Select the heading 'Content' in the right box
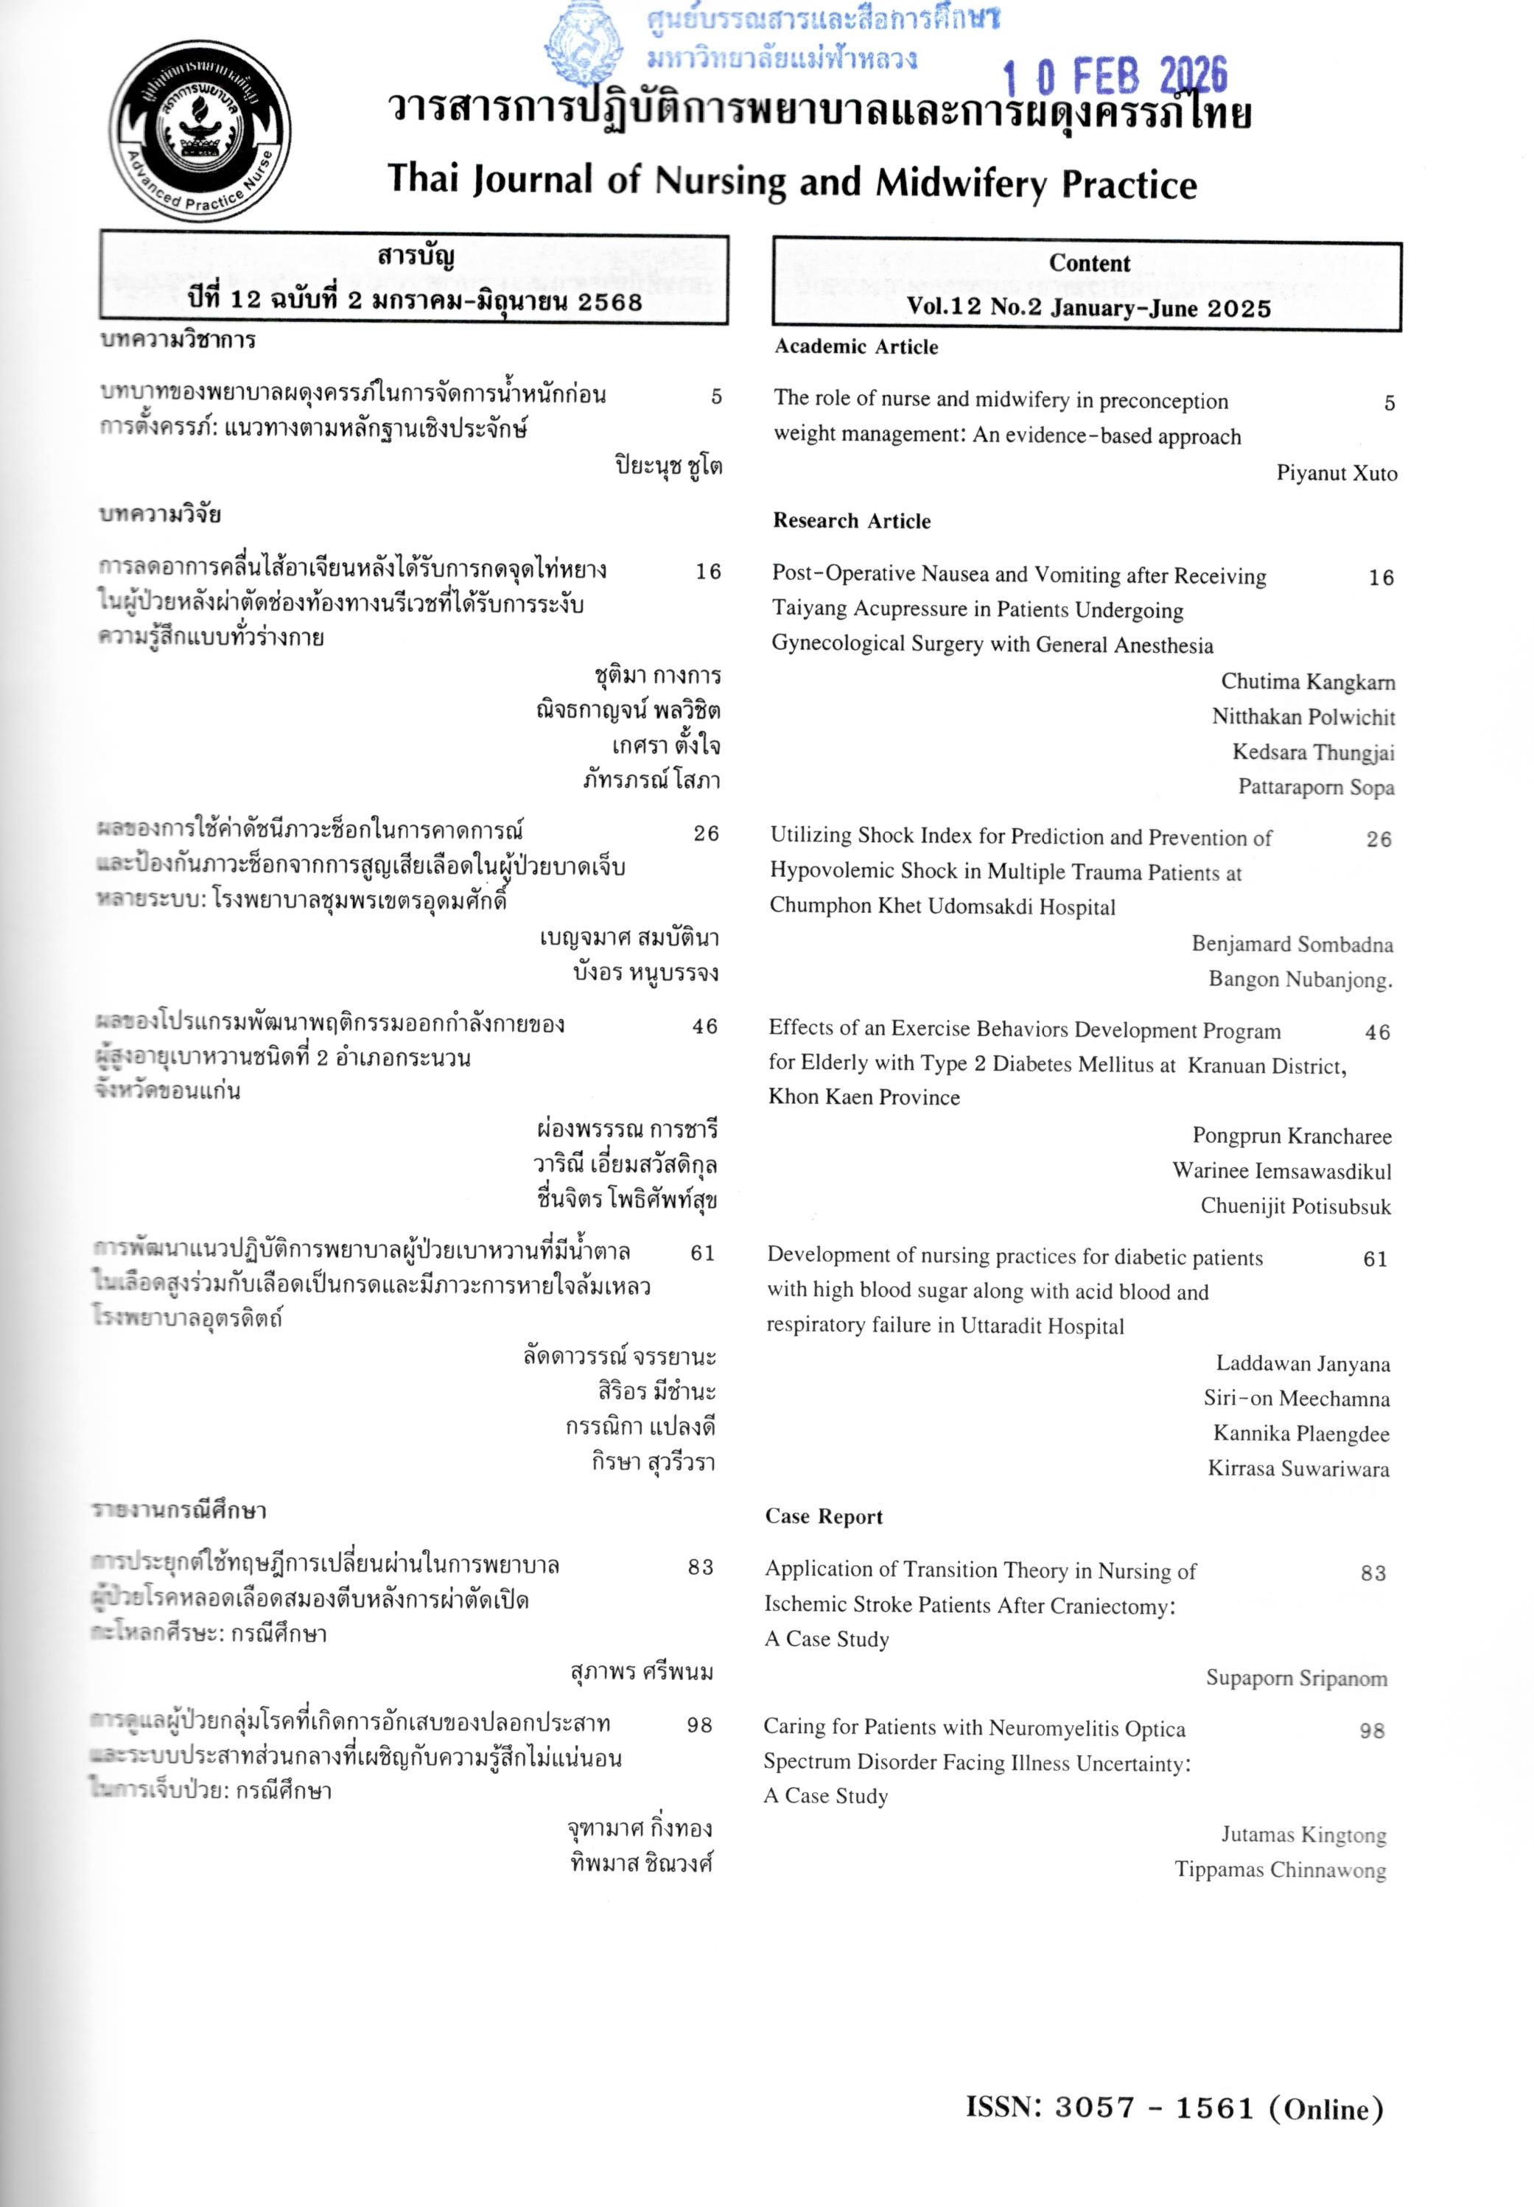coord(1089,263)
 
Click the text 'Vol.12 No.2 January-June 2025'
coord(1088,307)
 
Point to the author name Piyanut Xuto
coord(1336,473)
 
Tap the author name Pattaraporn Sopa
coord(1316,787)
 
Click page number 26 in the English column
coord(1379,839)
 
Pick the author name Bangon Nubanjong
coord(1300,979)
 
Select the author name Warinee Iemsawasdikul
coord(1281,1172)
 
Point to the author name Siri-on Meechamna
coord(1297,1399)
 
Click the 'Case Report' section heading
coord(824,1517)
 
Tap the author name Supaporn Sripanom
coord(1297,1679)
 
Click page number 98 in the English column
coord(1372,1731)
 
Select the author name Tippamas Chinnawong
coord(1281,1870)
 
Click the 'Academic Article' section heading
coord(856,347)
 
